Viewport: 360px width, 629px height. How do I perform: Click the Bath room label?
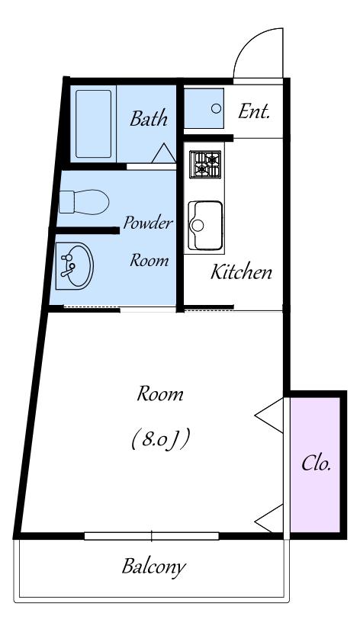[149, 119]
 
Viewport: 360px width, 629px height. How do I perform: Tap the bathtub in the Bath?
[94, 124]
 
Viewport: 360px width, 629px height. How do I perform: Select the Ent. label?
[254, 111]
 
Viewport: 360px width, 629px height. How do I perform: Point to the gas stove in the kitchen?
[205, 165]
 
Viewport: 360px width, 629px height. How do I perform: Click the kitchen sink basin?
[205, 225]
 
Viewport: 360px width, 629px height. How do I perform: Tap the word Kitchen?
[241, 272]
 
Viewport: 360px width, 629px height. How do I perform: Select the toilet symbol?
[84, 202]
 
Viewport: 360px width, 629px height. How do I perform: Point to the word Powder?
[148, 223]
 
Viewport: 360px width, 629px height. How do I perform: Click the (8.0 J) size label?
[160, 439]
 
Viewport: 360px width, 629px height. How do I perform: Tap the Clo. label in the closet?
[317, 464]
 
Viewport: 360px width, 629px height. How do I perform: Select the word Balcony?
[154, 566]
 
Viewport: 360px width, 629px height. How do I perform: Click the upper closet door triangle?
[269, 416]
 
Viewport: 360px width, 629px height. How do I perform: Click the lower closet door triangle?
[269, 518]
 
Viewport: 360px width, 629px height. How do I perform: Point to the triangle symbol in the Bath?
[164, 152]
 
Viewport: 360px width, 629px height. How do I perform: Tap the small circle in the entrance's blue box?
[216, 108]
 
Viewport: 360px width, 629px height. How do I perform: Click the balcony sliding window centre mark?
[152, 536]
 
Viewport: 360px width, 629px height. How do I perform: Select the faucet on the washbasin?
[67, 265]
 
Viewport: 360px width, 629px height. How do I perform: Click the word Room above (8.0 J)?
[160, 394]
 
